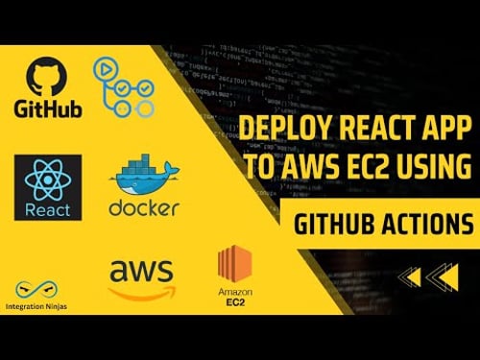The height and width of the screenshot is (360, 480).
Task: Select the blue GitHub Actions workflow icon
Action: [x=118, y=85]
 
